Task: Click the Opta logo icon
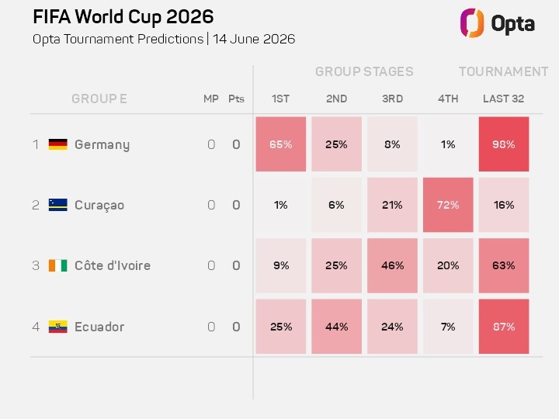tap(472, 23)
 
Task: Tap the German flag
tap(57, 144)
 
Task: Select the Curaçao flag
tap(57, 205)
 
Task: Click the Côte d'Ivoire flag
tap(57, 265)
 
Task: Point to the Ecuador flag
tap(57, 327)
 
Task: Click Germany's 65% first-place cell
tap(280, 144)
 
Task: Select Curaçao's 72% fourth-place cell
tap(448, 205)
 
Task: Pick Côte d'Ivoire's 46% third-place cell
tap(392, 265)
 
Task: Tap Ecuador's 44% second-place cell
tap(336, 327)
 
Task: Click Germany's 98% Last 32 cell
tap(504, 144)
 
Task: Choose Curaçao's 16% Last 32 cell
tap(504, 205)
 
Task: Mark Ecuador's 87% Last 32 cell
tap(504, 327)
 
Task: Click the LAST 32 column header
tap(503, 99)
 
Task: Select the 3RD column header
tap(392, 99)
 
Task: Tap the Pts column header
tap(236, 99)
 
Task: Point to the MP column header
tap(210, 99)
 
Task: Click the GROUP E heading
tap(99, 99)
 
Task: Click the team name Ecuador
tap(99, 327)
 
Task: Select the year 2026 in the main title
tap(189, 17)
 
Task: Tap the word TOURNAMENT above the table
tap(503, 71)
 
